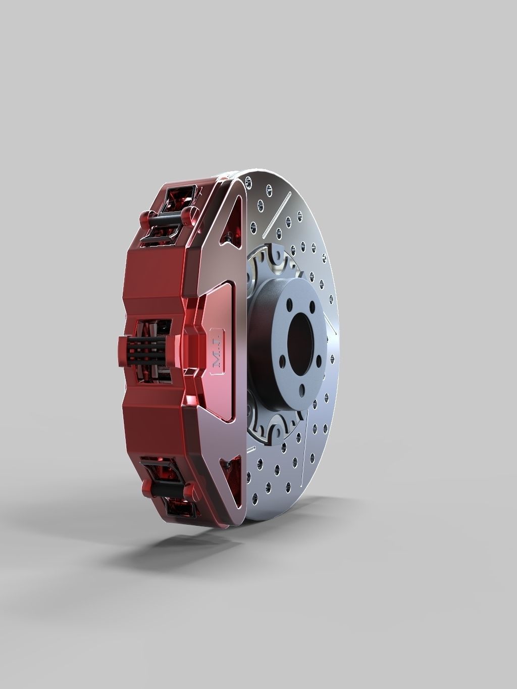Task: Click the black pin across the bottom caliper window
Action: point(167,489)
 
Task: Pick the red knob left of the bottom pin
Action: point(146,487)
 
